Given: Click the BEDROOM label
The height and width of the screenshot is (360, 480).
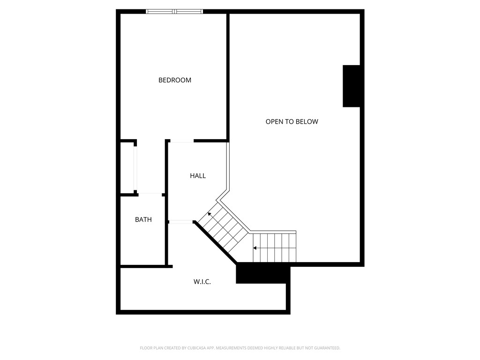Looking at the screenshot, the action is [x=175, y=80].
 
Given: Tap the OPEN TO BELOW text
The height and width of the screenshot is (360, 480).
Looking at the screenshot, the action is [x=292, y=121].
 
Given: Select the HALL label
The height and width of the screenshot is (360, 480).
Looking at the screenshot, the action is [x=198, y=176].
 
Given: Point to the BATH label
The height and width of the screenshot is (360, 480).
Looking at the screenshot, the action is [x=143, y=219].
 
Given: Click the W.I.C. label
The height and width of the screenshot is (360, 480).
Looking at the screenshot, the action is [x=202, y=282].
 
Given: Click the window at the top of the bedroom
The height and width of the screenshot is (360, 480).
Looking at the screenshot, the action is [x=174, y=12].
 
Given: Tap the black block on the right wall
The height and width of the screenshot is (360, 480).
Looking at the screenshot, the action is [x=351, y=86].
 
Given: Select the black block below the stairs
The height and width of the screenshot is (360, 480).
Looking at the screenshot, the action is [x=263, y=273].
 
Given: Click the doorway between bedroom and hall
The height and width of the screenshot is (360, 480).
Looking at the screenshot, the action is [x=182, y=141].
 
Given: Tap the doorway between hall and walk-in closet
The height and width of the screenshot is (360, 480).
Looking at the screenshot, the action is [x=181, y=222].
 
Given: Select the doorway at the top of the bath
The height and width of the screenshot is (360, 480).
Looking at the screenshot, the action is [x=150, y=195].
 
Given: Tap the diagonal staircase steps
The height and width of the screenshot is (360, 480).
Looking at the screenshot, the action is [x=223, y=226].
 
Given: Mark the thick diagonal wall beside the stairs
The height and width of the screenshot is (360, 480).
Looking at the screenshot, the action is [x=215, y=242].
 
